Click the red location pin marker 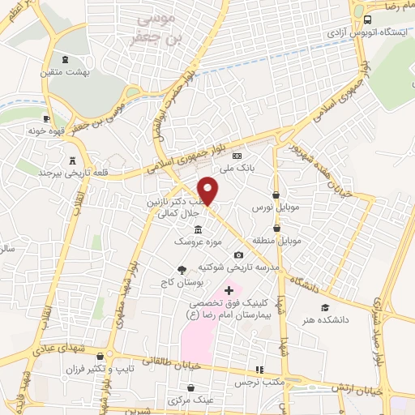[x=208, y=190]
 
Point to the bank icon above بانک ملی [x=237, y=156]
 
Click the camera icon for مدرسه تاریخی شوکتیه [x=237, y=255]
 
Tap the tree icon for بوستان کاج [x=181, y=270]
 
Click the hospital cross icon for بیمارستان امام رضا [x=229, y=312]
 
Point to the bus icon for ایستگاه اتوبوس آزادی [x=367, y=19]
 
